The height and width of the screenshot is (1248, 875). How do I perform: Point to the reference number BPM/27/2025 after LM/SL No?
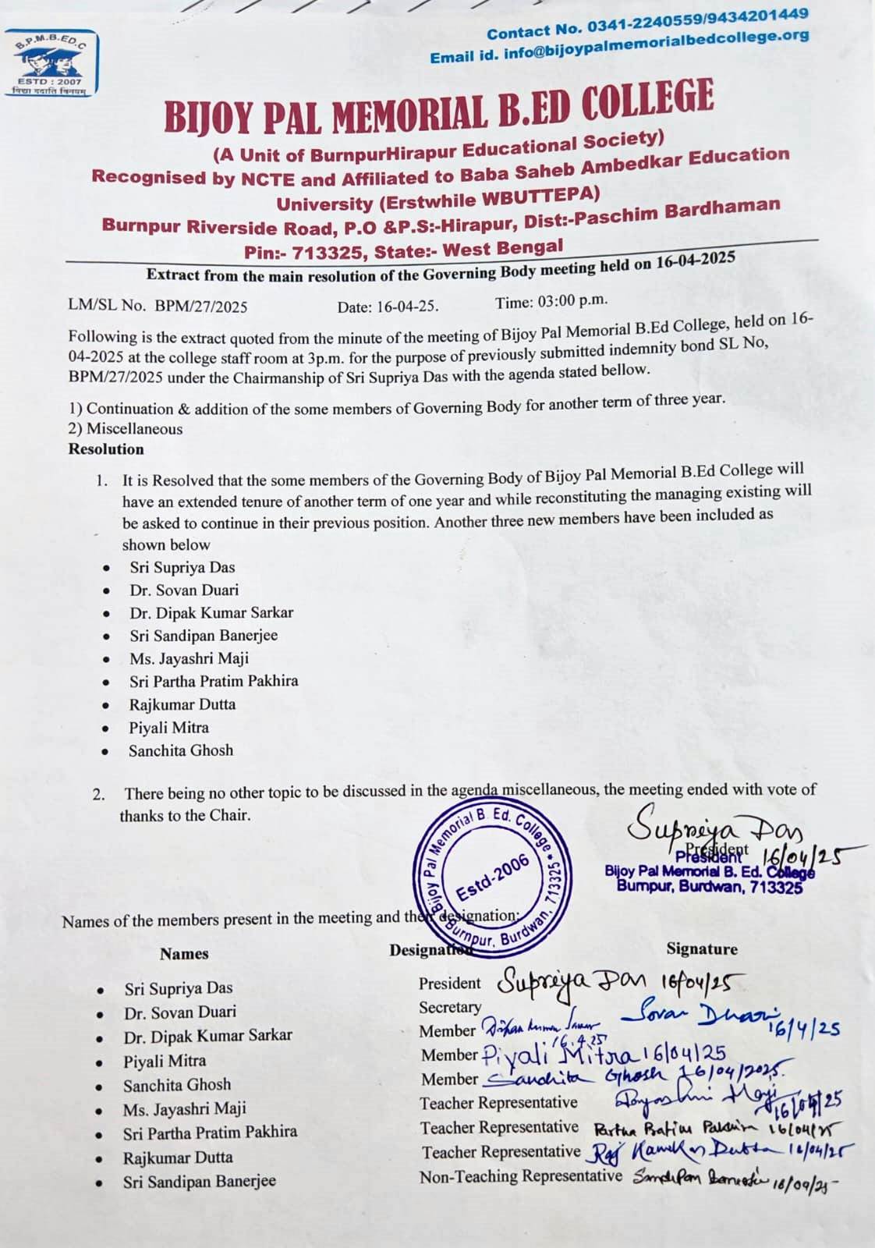(201, 307)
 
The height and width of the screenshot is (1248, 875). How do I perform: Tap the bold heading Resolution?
(106, 449)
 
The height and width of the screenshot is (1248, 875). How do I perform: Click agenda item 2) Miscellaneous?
(126, 429)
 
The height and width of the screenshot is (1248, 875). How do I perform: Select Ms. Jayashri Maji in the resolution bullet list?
(189, 659)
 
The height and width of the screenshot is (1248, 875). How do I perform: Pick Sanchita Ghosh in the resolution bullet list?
(181, 750)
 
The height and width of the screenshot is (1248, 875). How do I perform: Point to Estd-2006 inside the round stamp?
(492, 877)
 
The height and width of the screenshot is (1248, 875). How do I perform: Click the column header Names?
(184, 954)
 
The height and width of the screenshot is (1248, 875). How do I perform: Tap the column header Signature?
(701, 949)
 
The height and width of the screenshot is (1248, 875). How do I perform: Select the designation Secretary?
(450, 1007)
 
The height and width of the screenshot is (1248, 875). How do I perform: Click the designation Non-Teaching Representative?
(521, 1176)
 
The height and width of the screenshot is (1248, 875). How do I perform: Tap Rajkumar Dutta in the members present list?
(178, 1158)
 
